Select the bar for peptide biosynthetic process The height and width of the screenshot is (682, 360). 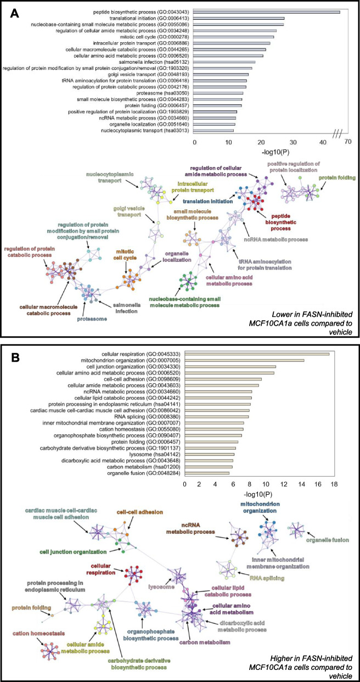pos(267,12)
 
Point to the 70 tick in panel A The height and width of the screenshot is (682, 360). pos(347,142)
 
